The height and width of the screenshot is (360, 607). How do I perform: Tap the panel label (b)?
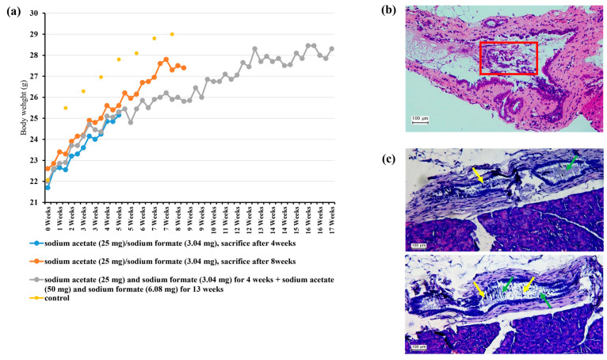(x=388, y=10)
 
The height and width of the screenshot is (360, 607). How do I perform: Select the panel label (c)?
(x=388, y=159)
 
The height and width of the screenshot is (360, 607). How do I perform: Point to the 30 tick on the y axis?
(x=36, y=13)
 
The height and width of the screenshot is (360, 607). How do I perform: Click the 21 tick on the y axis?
(x=36, y=202)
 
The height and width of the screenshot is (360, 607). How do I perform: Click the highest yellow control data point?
(x=172, y=34)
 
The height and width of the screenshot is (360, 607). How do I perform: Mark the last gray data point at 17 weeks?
(x=331, y=48)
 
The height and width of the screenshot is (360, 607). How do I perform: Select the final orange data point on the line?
(x=184, y=68)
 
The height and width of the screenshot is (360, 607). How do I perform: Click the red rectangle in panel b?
(x=508, y=59)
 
